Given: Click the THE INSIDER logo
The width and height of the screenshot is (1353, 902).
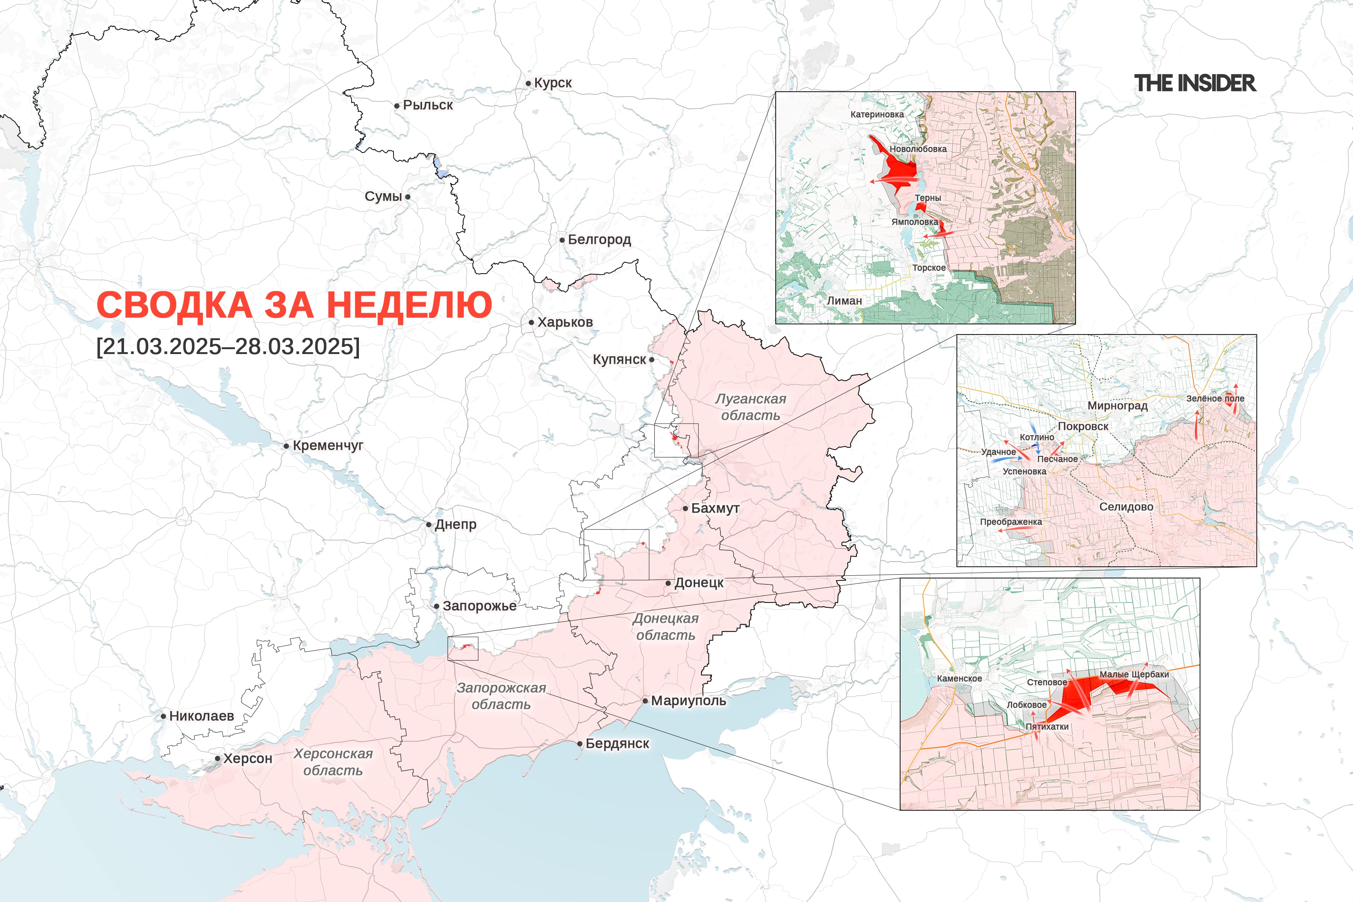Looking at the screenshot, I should (x=1195, y=83).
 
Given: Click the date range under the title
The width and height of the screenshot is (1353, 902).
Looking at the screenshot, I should (x=228, y=346).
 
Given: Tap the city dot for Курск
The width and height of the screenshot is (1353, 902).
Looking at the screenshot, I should (x=528, y=83).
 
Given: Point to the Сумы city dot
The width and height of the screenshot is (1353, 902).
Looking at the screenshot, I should (x=408, y=197).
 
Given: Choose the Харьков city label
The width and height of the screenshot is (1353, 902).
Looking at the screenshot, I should (x=565, y=322).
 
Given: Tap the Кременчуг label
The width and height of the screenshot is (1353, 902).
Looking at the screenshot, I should (x=328, y=445).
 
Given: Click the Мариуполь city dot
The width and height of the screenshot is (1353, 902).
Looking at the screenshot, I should (x=645, y=701).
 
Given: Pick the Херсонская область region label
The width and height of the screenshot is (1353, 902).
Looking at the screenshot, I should (x=333, y=762).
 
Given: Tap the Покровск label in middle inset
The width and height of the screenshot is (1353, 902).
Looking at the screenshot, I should (x=1083, y=426).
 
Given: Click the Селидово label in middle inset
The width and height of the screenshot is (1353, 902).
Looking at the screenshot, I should (x=1126, y=507).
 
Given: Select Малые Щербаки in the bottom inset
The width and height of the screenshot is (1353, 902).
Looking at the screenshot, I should (x=1134, y=674).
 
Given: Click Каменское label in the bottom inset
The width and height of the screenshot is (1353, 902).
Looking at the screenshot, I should (x=959, y=678).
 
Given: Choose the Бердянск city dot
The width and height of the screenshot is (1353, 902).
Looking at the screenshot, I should (x=580, y=744).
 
